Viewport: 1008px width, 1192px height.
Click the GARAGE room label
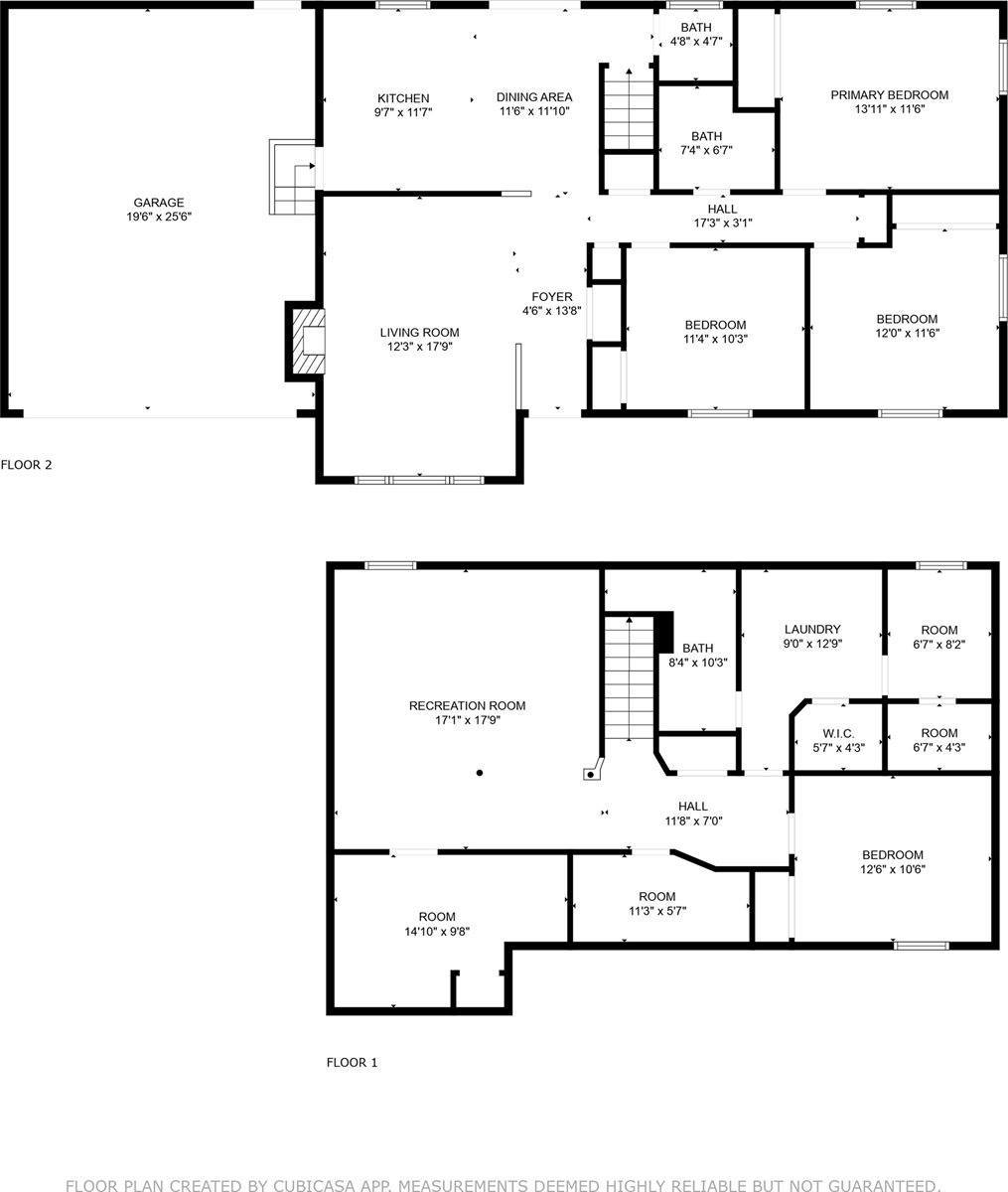[x=159, y=203]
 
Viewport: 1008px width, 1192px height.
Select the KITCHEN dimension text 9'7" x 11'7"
[x=402, y=112]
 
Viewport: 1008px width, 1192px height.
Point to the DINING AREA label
[x=534, y=97]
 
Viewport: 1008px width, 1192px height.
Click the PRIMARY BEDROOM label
[x=889, y=95]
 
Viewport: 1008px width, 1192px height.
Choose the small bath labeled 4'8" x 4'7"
[x=695, y=34]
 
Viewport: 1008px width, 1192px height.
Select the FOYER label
[x=551, y=297]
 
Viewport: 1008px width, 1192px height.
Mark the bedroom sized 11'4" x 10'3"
[x=715, y=331]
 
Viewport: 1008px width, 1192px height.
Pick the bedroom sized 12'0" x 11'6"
[x=906, y=326]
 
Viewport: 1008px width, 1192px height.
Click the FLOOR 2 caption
[x=26, y=464]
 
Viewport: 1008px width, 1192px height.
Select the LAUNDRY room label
[x=811, y=630]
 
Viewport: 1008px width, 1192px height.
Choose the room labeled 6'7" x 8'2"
[x=938, y=637]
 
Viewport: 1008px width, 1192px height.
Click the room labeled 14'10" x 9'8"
[x=437, y=924]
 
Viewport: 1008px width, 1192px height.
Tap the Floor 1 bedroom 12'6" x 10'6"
[x=892, y=861]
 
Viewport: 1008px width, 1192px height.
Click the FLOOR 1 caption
[x=352, y=1063]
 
